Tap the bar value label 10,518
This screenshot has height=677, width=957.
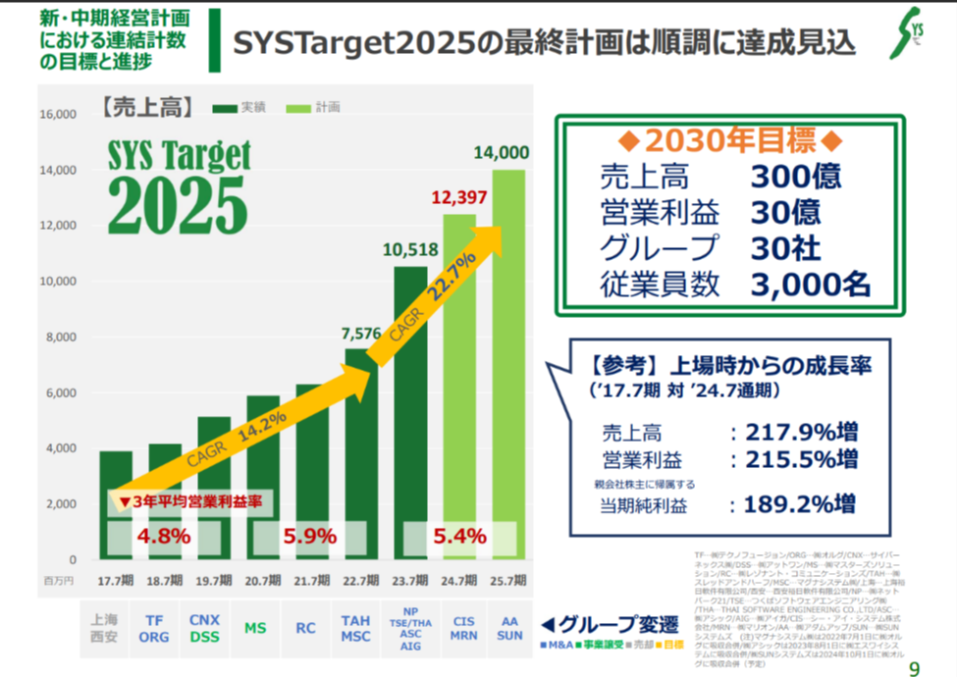pos(410,250)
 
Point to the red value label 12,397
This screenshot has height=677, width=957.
pos(458,198)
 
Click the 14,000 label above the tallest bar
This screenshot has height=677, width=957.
pos(501,153)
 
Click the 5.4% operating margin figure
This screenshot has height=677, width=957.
pos(459,537)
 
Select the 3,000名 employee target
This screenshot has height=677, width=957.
pos(810,284)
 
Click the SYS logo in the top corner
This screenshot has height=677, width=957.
pos(908,34)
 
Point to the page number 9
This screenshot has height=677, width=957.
pos(915,668)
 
